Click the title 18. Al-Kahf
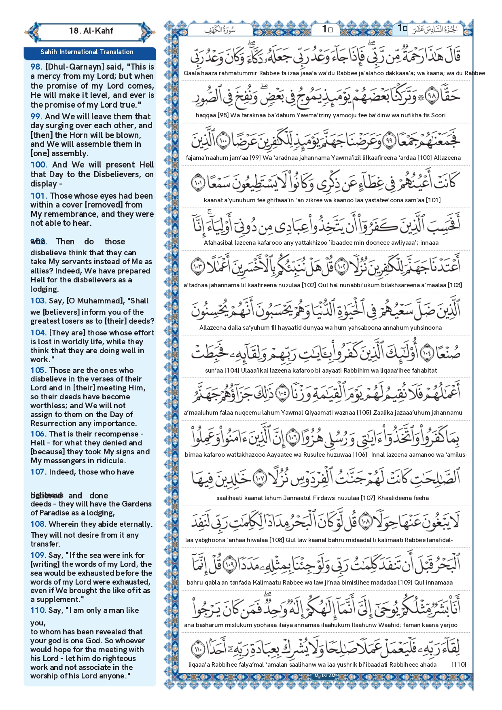click(91, 31)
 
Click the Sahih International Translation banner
click(87, 52)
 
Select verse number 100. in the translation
click(38, 165)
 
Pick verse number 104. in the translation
click(38, 333)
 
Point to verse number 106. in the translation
click(38, 434)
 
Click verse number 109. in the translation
click(38, 555)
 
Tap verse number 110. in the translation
click(38, 610)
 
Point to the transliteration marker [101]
click(434, 200)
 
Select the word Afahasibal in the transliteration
click(219, 243)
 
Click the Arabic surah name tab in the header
click(220, 30)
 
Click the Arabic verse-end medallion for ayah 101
click(198, 183)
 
